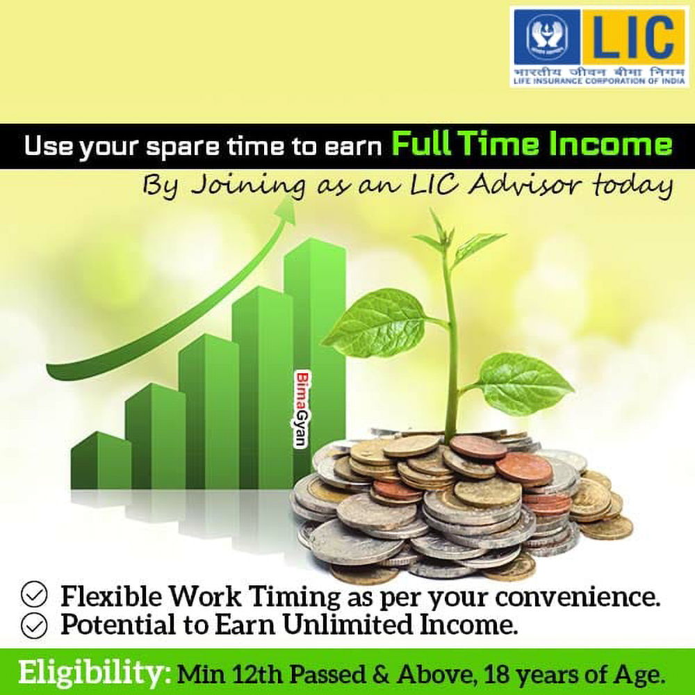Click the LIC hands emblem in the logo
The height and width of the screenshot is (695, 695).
coord(546,37)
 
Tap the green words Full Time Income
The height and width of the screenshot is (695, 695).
coord(532,145)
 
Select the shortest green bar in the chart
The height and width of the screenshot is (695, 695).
coord(101,460)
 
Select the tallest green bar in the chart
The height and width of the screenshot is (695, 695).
coord(315,354)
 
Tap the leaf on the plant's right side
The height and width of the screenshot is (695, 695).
coord(523,384)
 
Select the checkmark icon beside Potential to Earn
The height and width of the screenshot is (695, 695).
coord(34,625)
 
